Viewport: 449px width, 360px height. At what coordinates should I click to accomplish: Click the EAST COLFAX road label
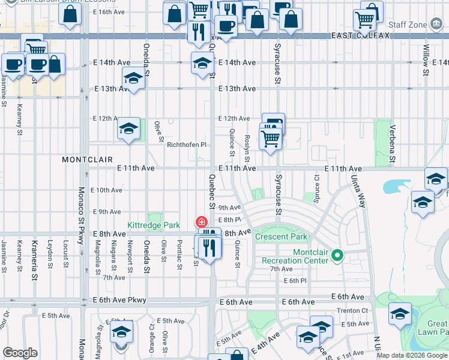[360, 36]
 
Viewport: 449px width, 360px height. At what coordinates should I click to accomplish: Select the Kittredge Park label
[154, 225]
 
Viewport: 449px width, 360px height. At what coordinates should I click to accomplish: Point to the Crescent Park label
[281, 236]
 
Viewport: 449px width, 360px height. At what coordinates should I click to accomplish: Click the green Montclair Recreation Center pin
[337, 256]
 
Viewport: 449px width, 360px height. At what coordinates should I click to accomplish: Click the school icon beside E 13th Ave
[133, 78]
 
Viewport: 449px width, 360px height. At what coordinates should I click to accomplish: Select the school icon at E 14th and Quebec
[203, 62]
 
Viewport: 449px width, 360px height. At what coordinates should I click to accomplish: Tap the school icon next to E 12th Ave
[128, 128]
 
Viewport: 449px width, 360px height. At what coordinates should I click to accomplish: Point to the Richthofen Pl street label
[187, 145]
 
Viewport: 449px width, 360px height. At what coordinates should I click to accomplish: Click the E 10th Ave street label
[106, 190]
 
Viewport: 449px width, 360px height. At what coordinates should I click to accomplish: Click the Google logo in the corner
[20, 353]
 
